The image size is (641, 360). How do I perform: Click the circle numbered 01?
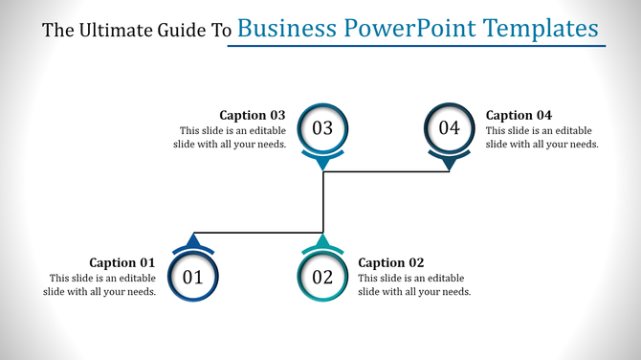(x=193, y=278)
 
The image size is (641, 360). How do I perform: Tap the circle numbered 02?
(x=322, y=278)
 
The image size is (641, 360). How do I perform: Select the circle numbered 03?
(x=322, y=127)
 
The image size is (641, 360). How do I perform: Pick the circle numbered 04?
(x=450, y=127)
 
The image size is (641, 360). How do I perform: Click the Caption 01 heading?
(x=122, y=262)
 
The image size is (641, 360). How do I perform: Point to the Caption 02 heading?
(x=390, y=262)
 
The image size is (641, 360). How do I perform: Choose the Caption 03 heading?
(x=253, y=115)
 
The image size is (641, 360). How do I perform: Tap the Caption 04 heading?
(x=519, y=115)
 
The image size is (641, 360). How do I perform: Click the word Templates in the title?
(x=546, y=29)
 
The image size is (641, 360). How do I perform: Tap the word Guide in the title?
(x=181, y=31)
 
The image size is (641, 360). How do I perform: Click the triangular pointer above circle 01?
(x=194, y=239)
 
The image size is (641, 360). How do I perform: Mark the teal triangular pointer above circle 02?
(x=322, y=239)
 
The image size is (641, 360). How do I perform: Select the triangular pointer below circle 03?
(x=322, y=165)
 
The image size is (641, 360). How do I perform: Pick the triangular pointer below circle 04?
(x=450, y=165)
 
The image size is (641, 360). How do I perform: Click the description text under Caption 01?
(x=99, y=284)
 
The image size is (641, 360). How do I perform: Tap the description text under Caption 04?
(x=542, y=137)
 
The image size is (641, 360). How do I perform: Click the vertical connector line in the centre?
(x=323, y=201)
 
